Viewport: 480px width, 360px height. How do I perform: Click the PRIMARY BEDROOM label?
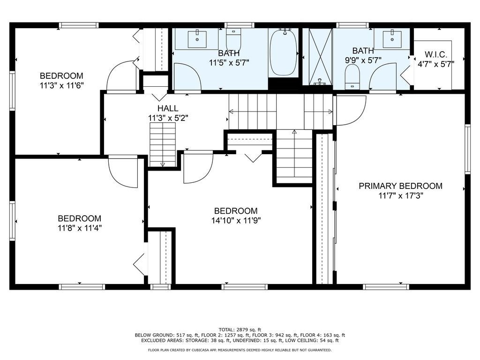(x=400, y=186)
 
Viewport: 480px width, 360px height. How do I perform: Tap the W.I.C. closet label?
(x=436, y=55)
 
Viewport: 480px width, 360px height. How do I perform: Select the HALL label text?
(x=168, y=108)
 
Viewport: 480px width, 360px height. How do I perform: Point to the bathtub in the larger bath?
(x=284, y=52)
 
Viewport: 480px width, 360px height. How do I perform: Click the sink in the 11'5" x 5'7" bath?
(x=197, y=39)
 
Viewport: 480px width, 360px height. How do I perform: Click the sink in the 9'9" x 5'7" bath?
(x=392, y=39)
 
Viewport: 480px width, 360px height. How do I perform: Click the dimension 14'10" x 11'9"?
(x=236, y=220)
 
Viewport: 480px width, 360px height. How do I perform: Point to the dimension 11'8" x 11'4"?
(x=80, y=228)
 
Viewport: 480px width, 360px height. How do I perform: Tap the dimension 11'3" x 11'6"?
(x=62, y=85)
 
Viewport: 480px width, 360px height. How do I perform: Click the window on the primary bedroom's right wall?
(x=467, y=149)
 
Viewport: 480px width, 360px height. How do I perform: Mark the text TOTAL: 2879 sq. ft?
(x=240, y=330)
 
